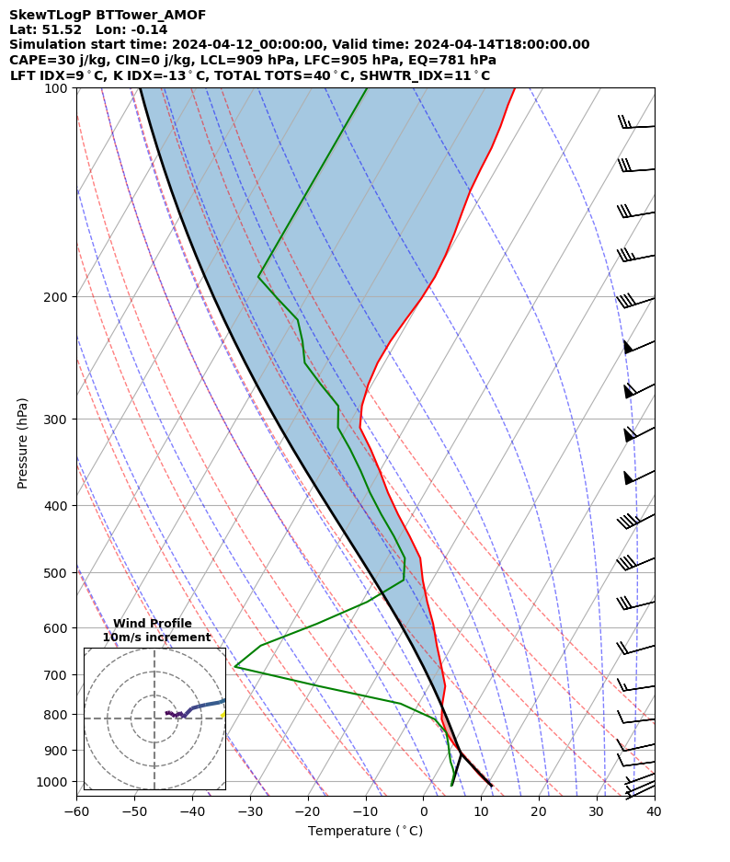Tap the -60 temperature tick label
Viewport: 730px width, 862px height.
(x=76, y=812)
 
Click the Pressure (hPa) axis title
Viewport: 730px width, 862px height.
(x=23, y=442)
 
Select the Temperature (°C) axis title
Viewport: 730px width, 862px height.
(x=365, y=832)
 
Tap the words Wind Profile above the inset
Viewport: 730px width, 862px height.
(x=153, y=624)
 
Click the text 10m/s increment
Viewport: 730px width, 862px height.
(x=156, y=638)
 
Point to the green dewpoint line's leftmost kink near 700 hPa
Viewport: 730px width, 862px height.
(x=235, y=666)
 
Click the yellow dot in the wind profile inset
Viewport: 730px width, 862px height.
(x=222, y=714)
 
